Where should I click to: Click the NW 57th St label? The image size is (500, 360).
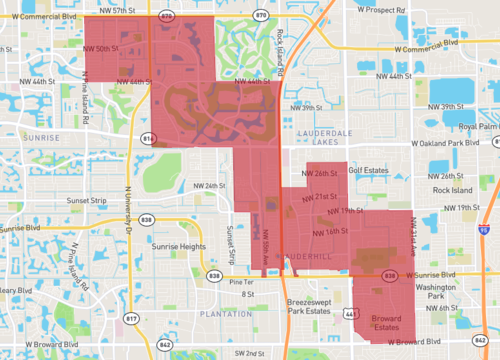coord(135,8)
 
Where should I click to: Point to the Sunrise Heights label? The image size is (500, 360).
coord(180,245)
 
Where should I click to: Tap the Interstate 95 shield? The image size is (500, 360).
coord(484,229)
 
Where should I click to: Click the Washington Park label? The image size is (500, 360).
coord(435,291)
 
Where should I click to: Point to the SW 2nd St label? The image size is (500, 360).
coord(253,353)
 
